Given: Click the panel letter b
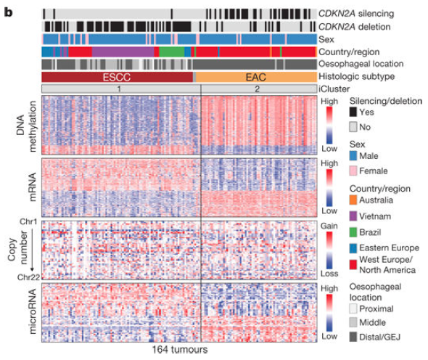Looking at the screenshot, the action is (8, 12).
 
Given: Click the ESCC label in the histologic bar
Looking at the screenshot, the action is (117, 78).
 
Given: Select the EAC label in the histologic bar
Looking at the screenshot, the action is (255, 78).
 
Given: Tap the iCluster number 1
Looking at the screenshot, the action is (119, 89).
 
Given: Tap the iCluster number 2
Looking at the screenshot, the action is (257, 89).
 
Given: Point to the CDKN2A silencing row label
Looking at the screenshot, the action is (356, 13).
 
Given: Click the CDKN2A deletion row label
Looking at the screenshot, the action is (354, 27).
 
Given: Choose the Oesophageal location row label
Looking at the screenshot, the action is (361, 64).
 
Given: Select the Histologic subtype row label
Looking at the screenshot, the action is (356, 76).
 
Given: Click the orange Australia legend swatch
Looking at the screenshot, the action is (353, 200).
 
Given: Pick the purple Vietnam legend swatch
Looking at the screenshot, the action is (353, 216).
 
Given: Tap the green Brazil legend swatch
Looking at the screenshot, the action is (353, 232).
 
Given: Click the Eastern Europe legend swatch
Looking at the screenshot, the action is (353, 248).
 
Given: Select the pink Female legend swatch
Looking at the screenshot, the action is (353, 171).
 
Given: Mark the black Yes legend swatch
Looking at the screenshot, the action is (353, 112).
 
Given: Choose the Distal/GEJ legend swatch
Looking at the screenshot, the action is (353, 337).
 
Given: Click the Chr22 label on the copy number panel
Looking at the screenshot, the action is (28, 277).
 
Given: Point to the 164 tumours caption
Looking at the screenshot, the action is (180, 350).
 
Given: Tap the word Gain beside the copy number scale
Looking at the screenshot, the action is (329, 226).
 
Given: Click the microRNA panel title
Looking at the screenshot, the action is (32, 311).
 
